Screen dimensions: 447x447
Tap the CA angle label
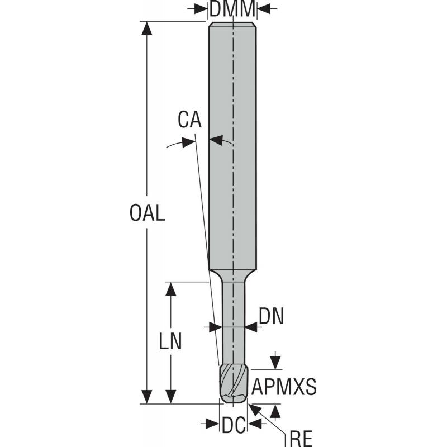[189, 120]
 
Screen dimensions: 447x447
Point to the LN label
[171, 341]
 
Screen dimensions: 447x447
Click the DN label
[272, 317]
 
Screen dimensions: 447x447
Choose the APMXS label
[284, 386]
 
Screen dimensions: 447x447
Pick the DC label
[233, 425]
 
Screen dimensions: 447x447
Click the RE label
[301, 437]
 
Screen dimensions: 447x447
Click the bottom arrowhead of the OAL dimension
[147, 396]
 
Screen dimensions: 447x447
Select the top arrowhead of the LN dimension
[171, 289]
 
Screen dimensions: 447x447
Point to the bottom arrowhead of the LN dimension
[171, 396]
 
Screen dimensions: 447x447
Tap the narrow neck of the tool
[233, 318]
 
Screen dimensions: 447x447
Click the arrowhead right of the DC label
[254, 425]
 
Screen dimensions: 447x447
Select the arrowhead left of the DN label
[215, 326]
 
